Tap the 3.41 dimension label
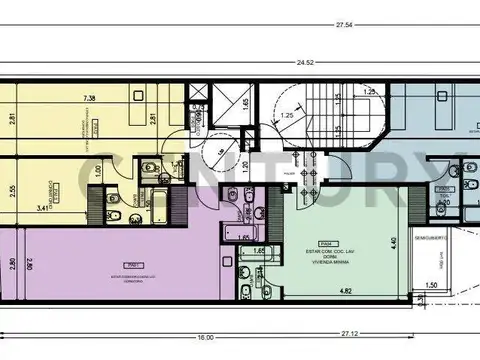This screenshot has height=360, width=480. pos(43,209)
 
